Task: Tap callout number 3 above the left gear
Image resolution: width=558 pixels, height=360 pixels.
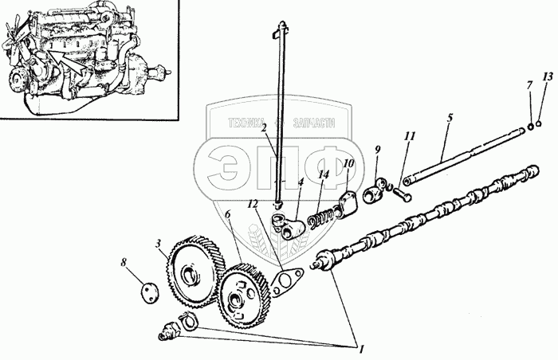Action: pos(159,243)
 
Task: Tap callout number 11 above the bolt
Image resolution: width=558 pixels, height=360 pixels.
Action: pos(409,137)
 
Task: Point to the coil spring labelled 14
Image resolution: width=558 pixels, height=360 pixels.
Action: pos(324,213)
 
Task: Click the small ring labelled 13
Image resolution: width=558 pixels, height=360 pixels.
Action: pos(540,123)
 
